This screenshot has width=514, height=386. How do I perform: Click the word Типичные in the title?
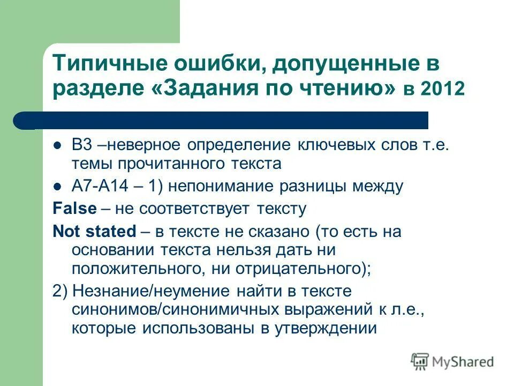coord(107,64)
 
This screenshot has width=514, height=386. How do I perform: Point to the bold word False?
coord(74,208)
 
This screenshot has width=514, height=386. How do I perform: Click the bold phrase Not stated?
coord(95,232)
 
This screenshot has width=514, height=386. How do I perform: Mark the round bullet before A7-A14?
coord(59,187)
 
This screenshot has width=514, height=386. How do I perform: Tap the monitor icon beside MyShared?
coord(420,361)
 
